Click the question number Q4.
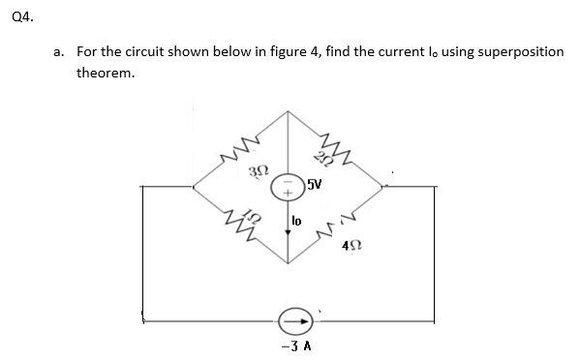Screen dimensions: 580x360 pos(16,15)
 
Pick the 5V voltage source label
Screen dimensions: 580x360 pos(315,184)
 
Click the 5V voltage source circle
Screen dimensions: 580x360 pos(287,185)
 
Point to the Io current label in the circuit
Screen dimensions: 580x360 pos(299,221)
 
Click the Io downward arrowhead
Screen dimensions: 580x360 pos(287,233)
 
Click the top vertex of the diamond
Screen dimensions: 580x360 pos(287,109)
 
